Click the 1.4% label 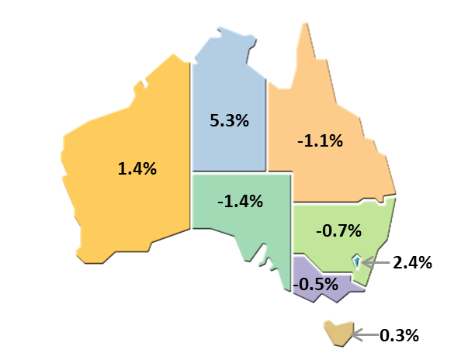(x=137, y=168)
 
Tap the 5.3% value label (x=229, y=120)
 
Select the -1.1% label (x=320, y=141)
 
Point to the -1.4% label (x=240, y=202)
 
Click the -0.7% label (x=338, y=230)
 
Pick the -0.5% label (x=316, y=284)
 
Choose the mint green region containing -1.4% (x=233, y=229)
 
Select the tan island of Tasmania (x=337, y=333)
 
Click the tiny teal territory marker (x=356, y=262)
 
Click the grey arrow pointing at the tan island (x=366, y=335)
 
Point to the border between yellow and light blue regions (x=191, y=140)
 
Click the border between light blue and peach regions (x=267, y=124)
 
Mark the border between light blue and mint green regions (x=229, y=172)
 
